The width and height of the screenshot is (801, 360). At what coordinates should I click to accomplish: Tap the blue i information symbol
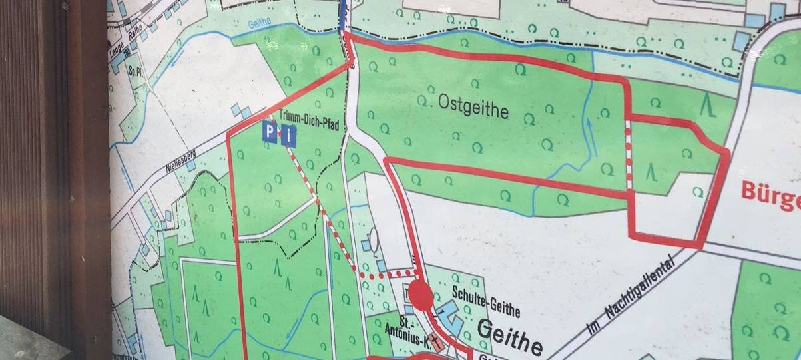(x=288, y=138)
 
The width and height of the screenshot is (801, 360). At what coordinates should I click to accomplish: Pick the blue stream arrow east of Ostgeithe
(x=587, y=125)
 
